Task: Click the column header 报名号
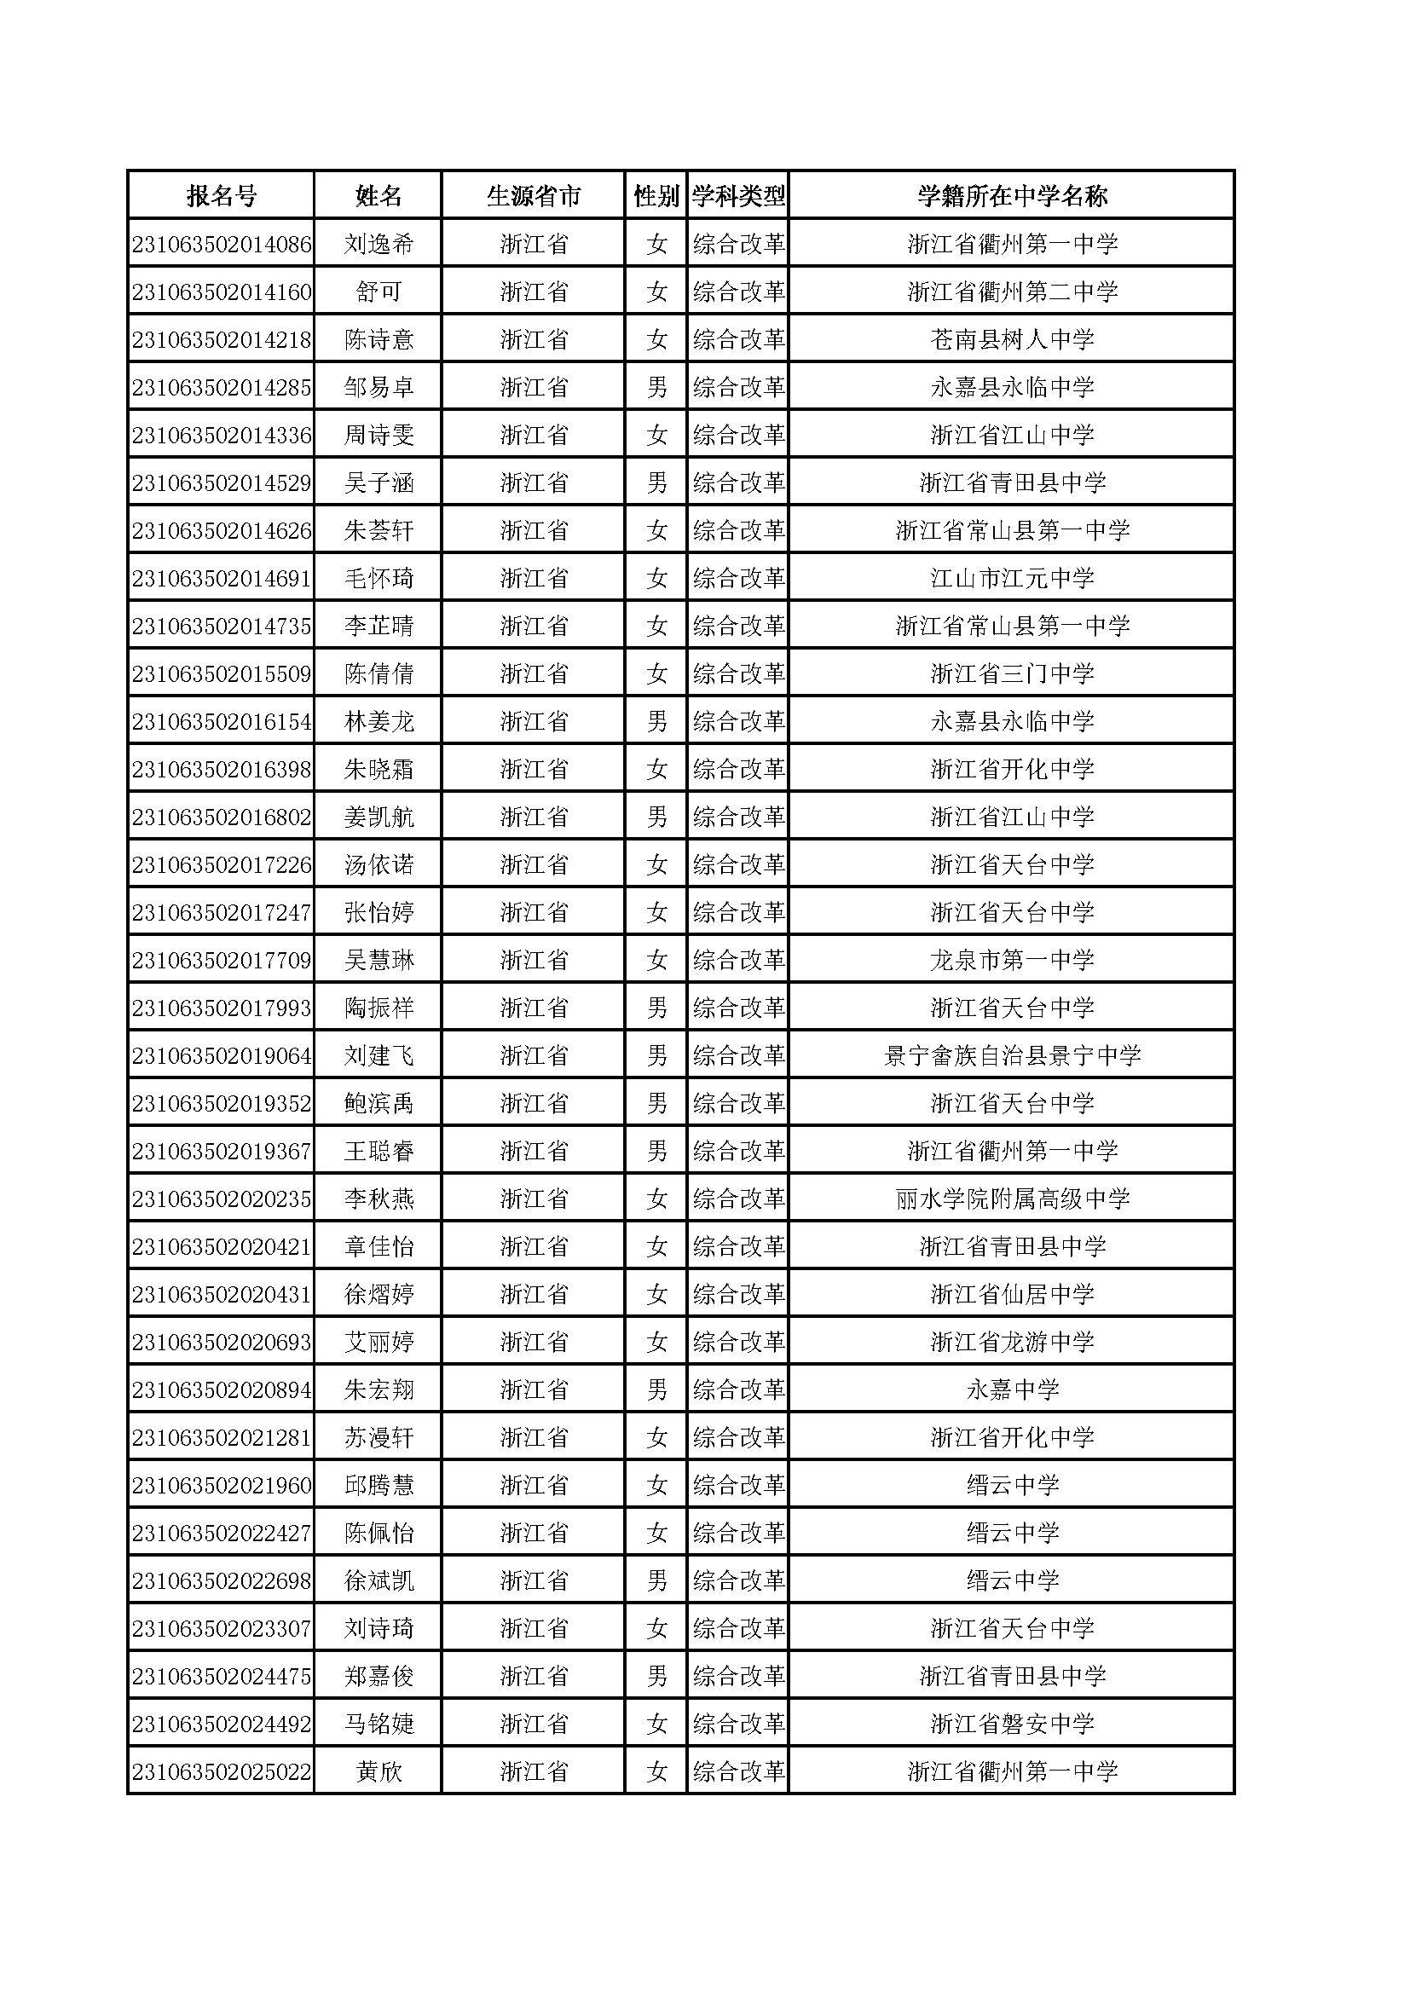coord(222,196)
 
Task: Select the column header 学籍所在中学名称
coord(1012,196)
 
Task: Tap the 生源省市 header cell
coord(533,196)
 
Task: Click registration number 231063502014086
coord(222,245)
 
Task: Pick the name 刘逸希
coord(379,245)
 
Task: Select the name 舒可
coord(379,292)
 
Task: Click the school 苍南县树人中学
coord(1012,340)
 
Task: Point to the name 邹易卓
coord(379,388)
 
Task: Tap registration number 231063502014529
coord(222,483)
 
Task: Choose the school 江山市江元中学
coord(1012,579)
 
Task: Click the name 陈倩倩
coord(379,674)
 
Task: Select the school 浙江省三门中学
coord(1012,674)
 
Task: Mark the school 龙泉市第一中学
coord(1012,961)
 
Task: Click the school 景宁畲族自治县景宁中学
coord(1012,1056)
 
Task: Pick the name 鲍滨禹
coord(379,1104)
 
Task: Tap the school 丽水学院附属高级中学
coord(1012,1199)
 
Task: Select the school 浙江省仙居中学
coord(1012,1295)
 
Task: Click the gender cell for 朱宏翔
coord(656,1390)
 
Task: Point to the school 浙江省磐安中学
coord(1012,1724)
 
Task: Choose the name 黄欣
coord(379,1772)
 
